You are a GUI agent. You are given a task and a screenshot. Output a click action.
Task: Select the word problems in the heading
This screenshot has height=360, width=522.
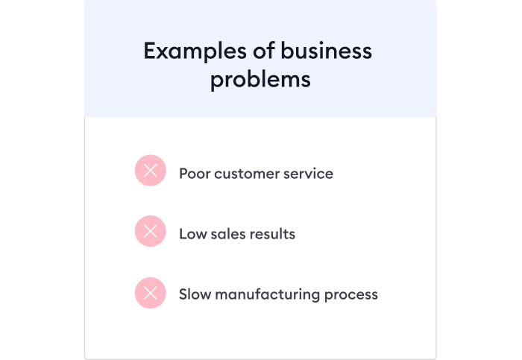click(260, 79)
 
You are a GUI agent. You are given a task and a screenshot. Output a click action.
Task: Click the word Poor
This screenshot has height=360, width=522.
click(193, 174)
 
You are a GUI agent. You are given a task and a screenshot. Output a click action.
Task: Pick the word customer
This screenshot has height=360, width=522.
click(247, 174)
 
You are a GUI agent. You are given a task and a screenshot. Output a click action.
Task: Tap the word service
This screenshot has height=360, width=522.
click(309, 174)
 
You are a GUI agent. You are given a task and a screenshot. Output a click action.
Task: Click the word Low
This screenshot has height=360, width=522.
click(192, 234)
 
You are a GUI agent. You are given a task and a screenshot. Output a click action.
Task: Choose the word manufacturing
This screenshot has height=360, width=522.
click(267, 294)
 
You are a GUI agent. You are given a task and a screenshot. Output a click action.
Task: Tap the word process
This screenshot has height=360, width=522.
click(351, 295)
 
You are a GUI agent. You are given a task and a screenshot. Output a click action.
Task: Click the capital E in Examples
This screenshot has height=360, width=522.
click(149, 51)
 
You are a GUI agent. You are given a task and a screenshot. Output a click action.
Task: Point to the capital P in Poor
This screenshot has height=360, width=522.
click(183, 174)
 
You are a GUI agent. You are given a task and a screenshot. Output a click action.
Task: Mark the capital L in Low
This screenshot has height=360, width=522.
click(182, 234)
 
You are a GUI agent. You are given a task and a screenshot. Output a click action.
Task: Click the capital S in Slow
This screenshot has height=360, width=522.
click(183, 294)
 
